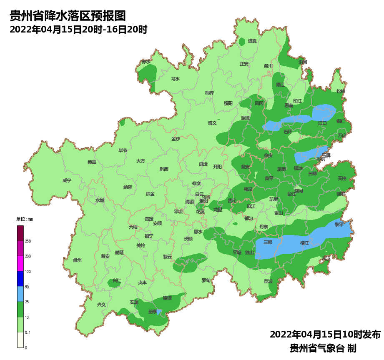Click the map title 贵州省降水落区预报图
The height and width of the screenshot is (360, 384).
67,16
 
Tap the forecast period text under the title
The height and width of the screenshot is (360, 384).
78,30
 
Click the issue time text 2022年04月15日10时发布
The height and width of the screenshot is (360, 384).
325,334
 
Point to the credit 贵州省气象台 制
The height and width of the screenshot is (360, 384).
323,348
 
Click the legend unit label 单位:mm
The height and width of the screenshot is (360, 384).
24,219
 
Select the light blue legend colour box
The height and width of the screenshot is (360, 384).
20,294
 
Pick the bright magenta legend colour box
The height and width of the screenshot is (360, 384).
20,264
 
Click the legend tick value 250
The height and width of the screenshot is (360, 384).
28,241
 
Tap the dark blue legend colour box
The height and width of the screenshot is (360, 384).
20,279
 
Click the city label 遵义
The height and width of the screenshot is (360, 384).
213,123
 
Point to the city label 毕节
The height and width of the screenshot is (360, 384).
123,150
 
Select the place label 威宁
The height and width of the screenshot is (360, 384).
67,180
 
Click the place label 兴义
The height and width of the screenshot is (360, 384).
101,305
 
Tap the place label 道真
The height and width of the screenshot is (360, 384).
253,41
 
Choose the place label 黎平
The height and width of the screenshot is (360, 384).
339,224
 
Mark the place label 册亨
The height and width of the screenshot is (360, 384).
153,312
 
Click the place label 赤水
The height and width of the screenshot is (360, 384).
146,61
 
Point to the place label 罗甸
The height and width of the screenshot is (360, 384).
206,280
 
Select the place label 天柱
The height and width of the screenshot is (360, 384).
342,178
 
